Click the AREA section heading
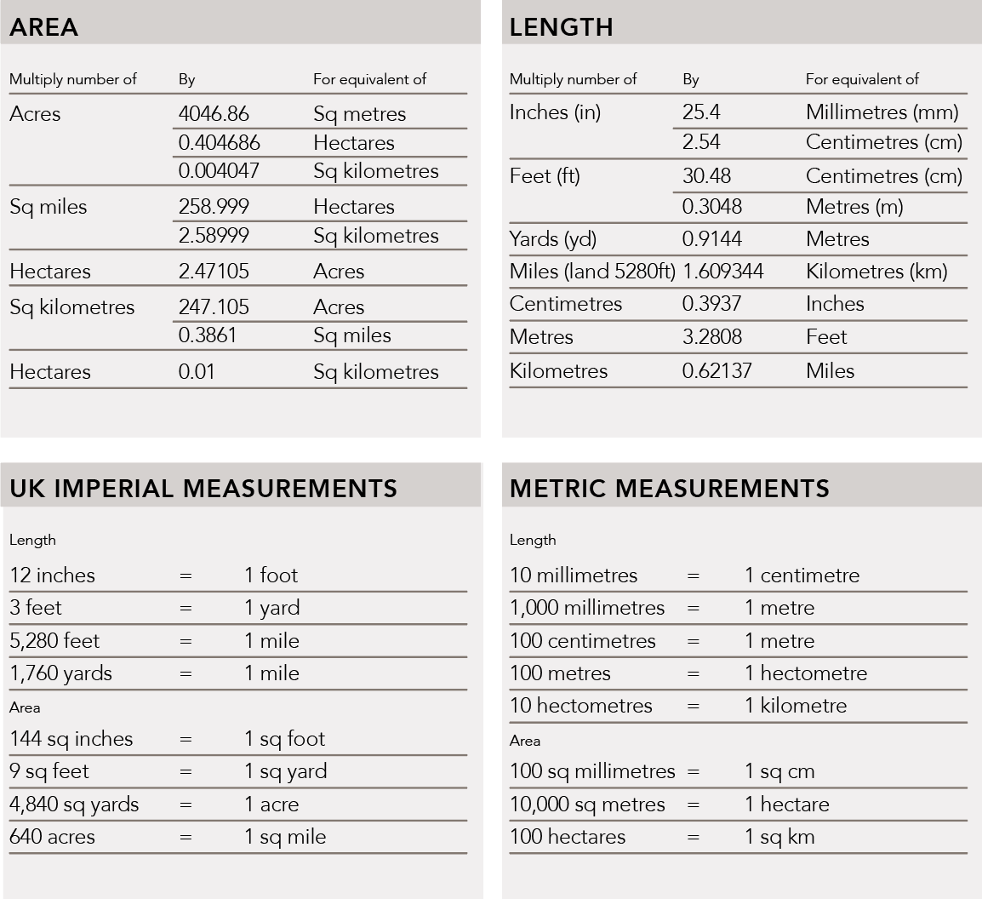[x=43, y=27]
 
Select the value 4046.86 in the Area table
[x=214, y=114]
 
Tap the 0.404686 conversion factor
[x=220, y=142]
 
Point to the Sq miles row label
[x=49, y=207]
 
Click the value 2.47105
[x=214, y=272]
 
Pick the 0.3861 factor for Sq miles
[x=208, y=335]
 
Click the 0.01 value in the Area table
[x=197, y=372]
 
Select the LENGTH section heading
[x=562, y=27]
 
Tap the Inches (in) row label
[x=555, y=112]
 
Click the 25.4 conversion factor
[x=700, y=112]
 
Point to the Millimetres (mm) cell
[x=882, y=112]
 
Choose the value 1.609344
[x=723, y=272]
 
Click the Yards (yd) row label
[x=553, y=239]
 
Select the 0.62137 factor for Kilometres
[x=717, y=371]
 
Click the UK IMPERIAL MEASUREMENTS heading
[x=203, y=489]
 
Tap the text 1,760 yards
[x=60, y=673]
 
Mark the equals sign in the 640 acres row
[x=186, y=838]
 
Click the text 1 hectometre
[x=805, y=673]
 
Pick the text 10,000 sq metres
[x=587, y=805]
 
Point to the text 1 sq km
[x=779, y=838]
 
